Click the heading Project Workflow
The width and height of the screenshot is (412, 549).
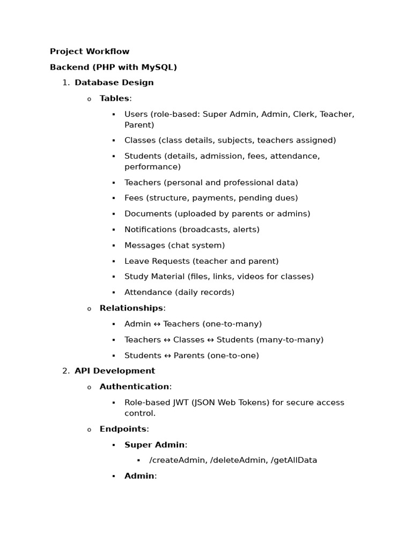[90, 51]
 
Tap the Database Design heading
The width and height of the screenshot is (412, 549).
[114, 83]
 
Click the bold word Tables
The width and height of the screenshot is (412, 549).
[114, 98]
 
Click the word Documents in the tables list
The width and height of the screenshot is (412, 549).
[148, 214]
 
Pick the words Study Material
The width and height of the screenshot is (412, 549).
[154, 277]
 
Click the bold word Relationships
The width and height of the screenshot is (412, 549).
[131, 308]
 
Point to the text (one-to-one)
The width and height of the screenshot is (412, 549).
[232, 355]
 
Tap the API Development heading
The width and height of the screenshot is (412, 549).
[115, 371]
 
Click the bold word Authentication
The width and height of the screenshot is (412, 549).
[134, 387]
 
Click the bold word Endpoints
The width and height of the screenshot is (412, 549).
[123, 429]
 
